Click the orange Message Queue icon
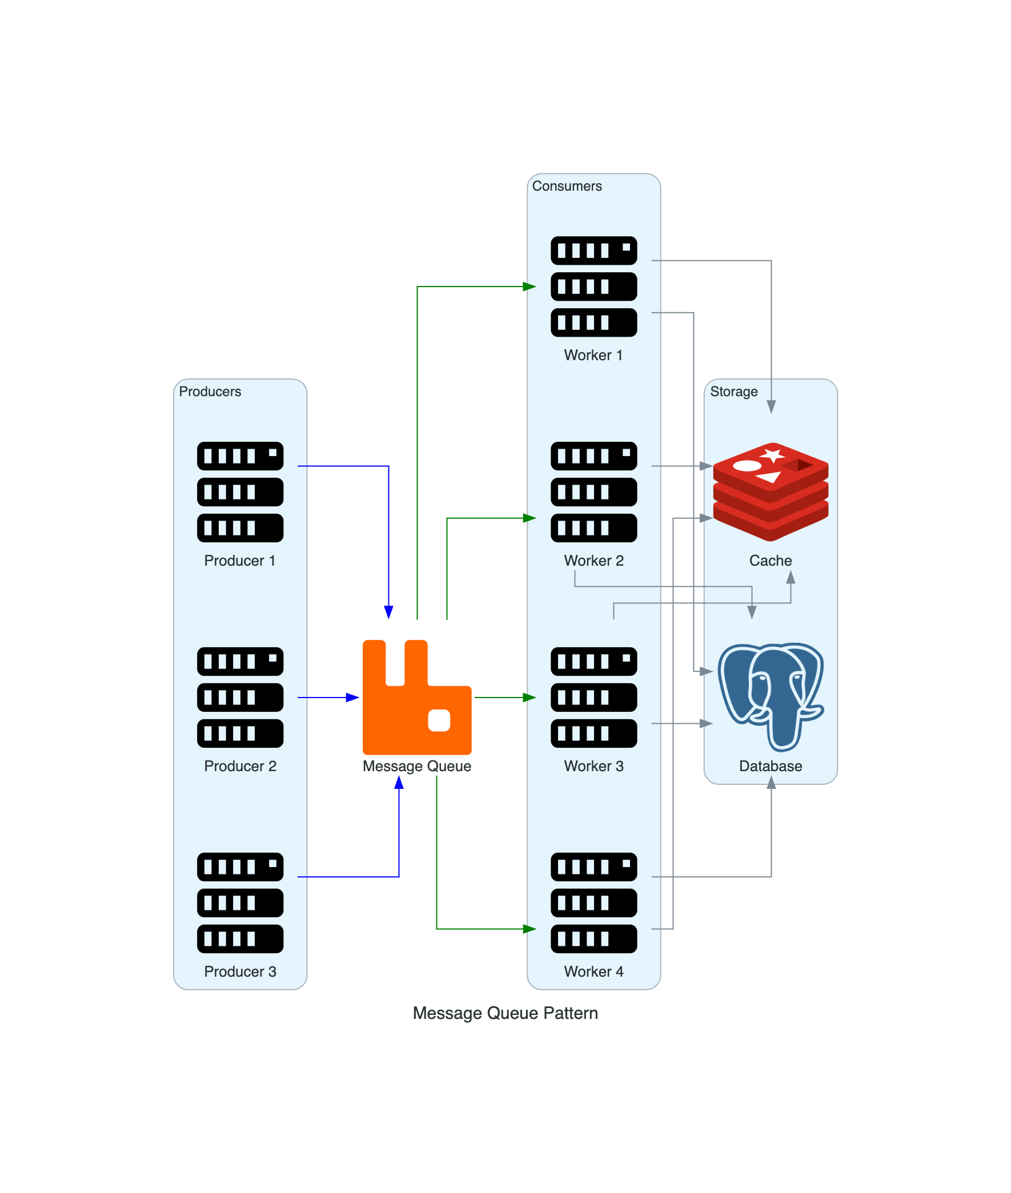(x=416, y=697)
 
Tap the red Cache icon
(x=771, y=491)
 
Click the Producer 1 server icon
(x=240, y=491)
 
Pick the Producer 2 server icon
(x=240, y=697)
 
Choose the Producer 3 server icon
(x=240, y=902)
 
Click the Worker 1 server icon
(x=594, y=287)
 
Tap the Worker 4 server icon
(x=594, y=902)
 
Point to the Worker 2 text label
(x=594, y=561)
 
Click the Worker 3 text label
(x=594, y=766)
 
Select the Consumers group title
(x=567, y=186)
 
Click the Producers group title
(x=210, y=392)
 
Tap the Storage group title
(x=733, y=392)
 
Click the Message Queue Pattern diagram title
(x=505, y=1013)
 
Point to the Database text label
(x=771, y=766)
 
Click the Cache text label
(x=771, y=561)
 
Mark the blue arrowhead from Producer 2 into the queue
(x=352, y=698)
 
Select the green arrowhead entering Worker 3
(x=529, y=698)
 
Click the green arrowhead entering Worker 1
(x=529, y=287)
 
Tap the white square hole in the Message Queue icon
(x=439, y=720)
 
